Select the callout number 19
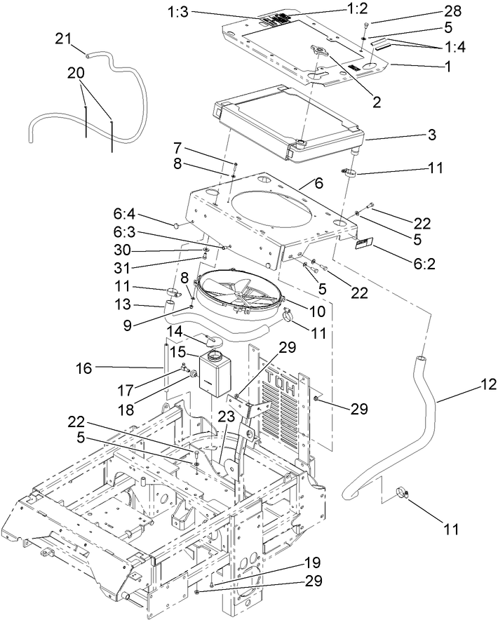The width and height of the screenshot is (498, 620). (x=313, y=562)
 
